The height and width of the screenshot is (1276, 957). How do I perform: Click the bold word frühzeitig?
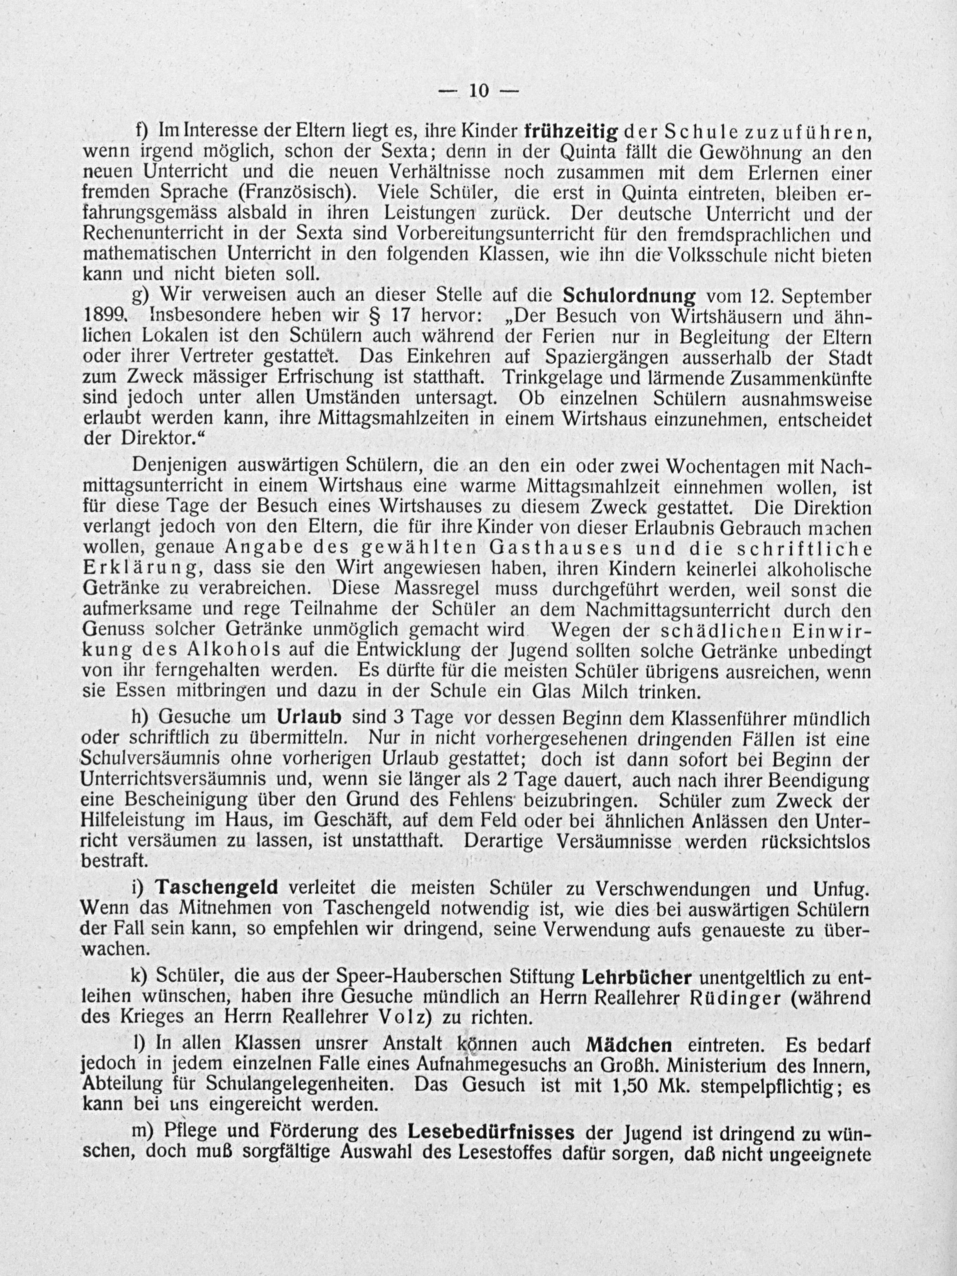coord(571,132)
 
